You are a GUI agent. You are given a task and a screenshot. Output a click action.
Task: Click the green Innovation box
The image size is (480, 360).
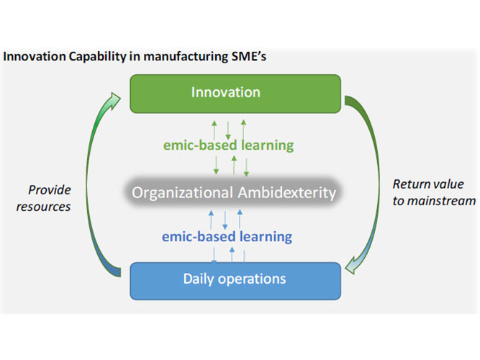point(235,94)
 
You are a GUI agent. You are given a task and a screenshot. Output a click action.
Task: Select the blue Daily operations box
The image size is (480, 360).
point(235,279)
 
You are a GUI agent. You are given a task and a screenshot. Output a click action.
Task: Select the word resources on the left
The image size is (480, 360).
point(50,207)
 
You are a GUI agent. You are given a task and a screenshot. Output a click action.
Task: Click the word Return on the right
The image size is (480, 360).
point(409,185)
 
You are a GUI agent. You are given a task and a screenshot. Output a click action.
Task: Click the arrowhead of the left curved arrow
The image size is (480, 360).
point(115,97)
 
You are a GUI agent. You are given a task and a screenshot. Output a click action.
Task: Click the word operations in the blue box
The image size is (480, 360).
point(252,279)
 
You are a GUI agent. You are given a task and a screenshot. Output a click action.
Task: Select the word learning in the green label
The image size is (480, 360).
point(268,145)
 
